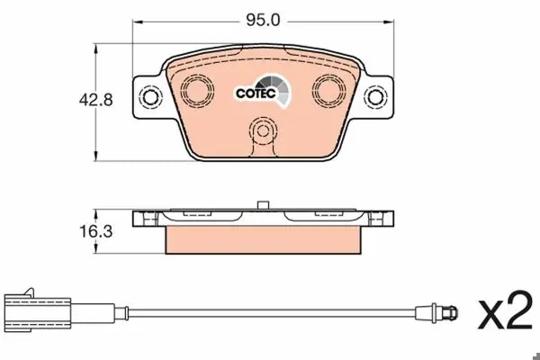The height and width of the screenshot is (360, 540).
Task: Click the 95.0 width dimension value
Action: click(263, 21)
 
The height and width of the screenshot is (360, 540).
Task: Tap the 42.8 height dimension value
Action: click(95, 100)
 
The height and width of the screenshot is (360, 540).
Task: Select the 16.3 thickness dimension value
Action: click(95, 231)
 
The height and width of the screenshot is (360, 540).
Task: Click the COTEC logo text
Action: click(256, 93)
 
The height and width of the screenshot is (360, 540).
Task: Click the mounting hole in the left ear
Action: click(150, 97)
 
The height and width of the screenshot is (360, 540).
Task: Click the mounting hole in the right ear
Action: click(374, 97)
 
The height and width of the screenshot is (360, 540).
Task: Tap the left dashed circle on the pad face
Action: click(196, 90)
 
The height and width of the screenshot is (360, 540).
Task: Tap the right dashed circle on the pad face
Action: click(328, 90)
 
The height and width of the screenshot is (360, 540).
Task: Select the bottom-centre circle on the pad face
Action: click(263, 131)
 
